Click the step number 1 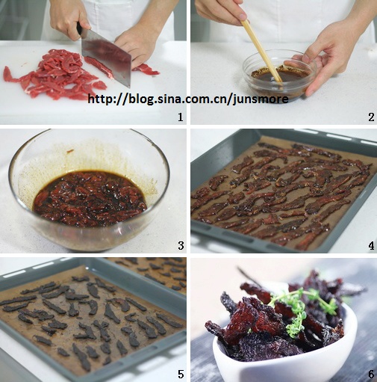point(180,117)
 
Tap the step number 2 point(371,117)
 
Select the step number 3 point(181,246)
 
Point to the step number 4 point(371,246)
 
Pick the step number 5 point(181,374)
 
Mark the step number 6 point(371,374)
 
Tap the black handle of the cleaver point(80,29)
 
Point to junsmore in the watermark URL point(261,99)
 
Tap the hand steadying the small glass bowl point(323,55)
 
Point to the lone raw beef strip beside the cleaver point(146,69)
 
